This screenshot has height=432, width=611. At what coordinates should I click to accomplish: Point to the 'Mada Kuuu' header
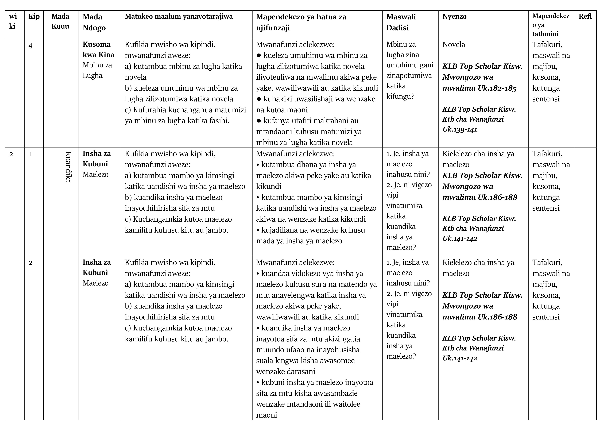pos(60,21)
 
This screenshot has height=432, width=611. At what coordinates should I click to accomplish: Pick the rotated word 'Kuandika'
pos(68,167)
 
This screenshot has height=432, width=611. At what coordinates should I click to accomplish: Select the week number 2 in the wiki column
pos(11,154)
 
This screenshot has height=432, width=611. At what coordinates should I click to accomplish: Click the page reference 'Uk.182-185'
pos(497,88)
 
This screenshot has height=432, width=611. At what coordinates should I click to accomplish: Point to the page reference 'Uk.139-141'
pos(460,130)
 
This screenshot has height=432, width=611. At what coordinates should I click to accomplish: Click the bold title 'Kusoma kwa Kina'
pos(98,49)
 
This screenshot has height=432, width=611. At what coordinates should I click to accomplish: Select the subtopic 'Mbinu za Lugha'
pos(97,70)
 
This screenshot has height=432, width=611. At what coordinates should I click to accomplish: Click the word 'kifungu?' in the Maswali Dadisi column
pos(400,96)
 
